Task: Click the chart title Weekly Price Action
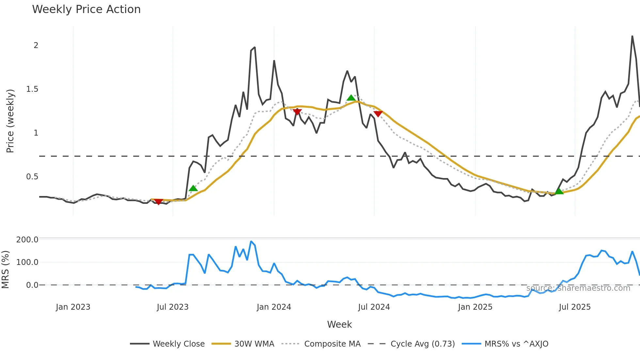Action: pos(86,9)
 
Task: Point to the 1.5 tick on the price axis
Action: pos(32,89)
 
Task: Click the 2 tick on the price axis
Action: pos(36,45)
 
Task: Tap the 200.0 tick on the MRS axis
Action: pos(27,240)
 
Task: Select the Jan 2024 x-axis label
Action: pos(274,307)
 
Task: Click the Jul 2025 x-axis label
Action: pos(575,307)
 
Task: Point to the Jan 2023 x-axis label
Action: pos(73,307)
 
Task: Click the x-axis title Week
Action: pos(339,324)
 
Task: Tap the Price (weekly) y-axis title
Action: pos(10,121)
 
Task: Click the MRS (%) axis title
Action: pos(6,270)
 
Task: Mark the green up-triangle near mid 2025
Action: pos(559,191)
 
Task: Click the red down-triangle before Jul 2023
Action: pos(158,202)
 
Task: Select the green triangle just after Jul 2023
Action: pos(193,188)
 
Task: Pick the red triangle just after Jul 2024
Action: pos(378,114)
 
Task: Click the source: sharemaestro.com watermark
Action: pos(578,288)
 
